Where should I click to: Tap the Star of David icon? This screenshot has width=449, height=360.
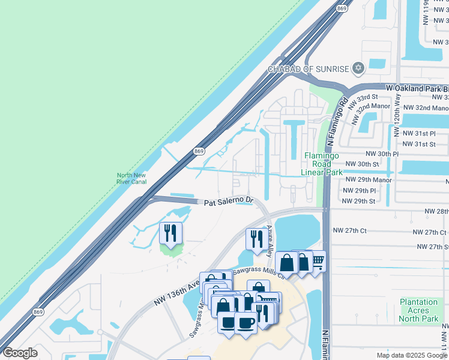pos(358,68)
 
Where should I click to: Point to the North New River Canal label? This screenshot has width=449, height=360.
pos(132,178)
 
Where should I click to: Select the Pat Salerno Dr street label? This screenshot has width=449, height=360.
pos(229,202)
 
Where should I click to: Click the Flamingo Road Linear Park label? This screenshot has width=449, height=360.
pos(322,164)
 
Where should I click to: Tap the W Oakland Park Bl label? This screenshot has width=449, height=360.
pos(417,88)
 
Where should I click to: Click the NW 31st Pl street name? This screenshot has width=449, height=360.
pos(418,133)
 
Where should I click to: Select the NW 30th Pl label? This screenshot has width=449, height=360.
pos(379,154)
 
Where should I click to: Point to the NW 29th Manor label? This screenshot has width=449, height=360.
pos(367,179)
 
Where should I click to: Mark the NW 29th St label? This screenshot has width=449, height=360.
pos(358,201)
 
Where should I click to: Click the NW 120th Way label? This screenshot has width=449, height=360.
pos(397,115)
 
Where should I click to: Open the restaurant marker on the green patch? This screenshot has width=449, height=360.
pos(170,233)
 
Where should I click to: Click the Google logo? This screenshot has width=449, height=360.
pos(20,353)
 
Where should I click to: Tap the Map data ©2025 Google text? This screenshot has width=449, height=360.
pos(411,355)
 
